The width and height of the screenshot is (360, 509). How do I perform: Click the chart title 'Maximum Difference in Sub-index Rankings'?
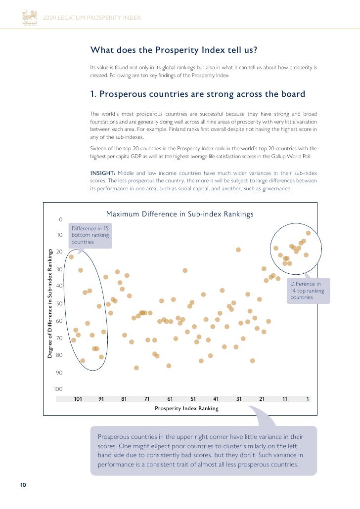(x=180, y=214)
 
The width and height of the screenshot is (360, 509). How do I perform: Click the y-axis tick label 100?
(x=58, y=389)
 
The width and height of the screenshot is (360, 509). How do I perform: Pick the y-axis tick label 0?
(x=60, y=219)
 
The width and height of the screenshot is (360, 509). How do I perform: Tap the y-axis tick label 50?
(x=59, y=303)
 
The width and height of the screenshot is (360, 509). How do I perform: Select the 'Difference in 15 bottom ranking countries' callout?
(x=90, y=235)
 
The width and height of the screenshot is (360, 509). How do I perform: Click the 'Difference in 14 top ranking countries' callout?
(x=307, y=291)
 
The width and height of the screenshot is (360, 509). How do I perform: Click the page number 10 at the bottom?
(x=23, y=484)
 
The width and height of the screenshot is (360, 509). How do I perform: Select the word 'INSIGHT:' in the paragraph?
(x=102, y=173)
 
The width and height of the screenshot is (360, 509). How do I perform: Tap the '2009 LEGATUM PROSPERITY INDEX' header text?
(x=91, y=18)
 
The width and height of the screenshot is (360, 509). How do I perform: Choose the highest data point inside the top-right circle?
(x=308, y=233)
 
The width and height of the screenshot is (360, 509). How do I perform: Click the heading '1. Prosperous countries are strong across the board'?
(x=197, y=94)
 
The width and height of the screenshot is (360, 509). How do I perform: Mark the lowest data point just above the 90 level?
(x=136, y=368)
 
